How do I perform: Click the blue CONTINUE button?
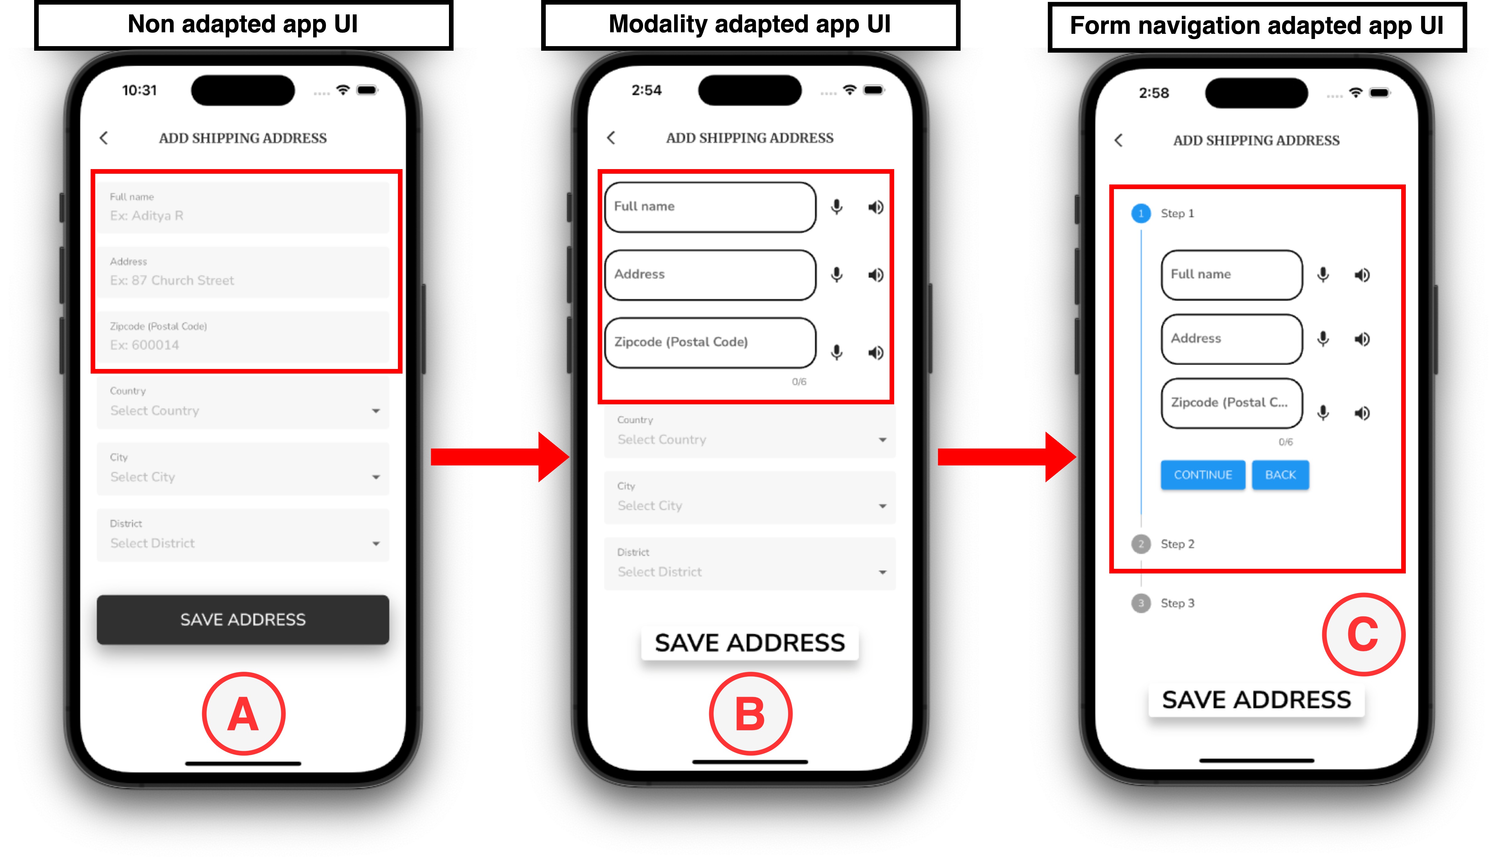[x=1203, y=475]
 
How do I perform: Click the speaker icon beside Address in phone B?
[x=875, y=275]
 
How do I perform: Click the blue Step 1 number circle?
[x=1140, y=213]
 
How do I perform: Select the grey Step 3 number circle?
[x=1140, y=603]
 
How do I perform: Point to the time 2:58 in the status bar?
[x=1154, y=93]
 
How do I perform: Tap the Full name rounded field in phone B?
[x=710, y=207]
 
